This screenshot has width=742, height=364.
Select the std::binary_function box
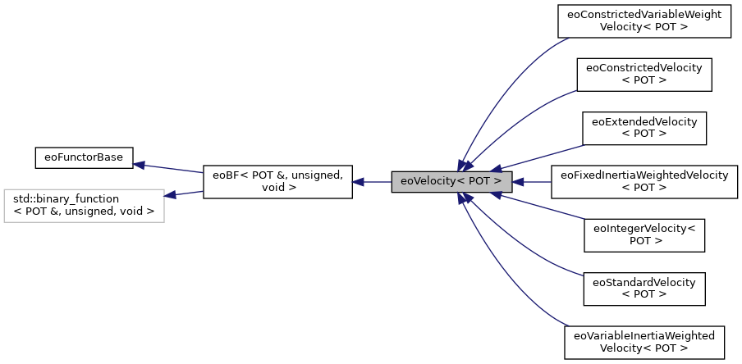coord(83,205)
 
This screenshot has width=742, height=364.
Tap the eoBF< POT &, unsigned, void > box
coord(277,181)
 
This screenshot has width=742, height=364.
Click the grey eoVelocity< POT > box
coord(451,181)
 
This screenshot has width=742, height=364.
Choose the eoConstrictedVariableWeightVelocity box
coord(644,20)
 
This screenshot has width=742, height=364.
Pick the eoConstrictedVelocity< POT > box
coord(644,74)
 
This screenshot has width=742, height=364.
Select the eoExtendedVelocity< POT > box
coord(644,127)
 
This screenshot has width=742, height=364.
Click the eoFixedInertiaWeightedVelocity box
coord(644,181)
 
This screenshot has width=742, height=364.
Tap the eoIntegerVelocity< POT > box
coord(644,234)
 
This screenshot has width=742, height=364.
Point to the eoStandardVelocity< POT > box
coord(644,288)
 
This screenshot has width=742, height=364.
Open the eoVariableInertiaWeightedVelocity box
coord(644,342)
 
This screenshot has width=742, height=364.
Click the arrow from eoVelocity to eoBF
coord(373,181)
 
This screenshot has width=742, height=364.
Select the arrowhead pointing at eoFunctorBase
coord(140,165)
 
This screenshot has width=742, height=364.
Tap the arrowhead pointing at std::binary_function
coord(171,195)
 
